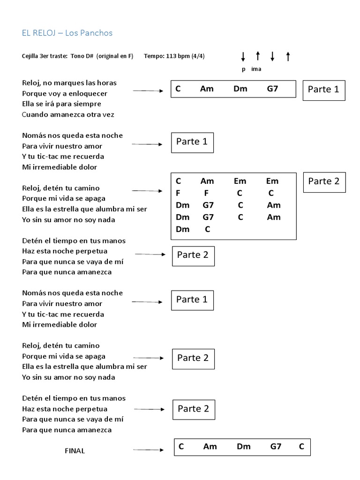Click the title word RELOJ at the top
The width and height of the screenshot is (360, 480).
45,33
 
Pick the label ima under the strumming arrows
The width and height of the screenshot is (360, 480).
256,69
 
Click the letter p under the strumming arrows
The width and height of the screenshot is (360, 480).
243,69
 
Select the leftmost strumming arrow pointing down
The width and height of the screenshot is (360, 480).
243,57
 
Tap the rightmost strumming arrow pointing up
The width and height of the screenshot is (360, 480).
288,57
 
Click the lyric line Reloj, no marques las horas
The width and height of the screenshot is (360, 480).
69,83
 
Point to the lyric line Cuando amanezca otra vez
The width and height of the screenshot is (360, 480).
68,114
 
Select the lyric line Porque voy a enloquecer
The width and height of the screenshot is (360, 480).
65,93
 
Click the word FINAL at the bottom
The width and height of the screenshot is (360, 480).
75,451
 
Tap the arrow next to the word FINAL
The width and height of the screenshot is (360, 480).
148,450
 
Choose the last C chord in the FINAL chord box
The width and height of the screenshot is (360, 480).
301,447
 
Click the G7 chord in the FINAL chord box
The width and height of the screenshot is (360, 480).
276,447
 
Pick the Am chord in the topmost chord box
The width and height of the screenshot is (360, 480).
207,89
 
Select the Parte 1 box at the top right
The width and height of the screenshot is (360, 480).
323,90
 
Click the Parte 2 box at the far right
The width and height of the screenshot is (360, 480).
323,181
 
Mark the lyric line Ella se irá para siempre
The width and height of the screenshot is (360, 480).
61,104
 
